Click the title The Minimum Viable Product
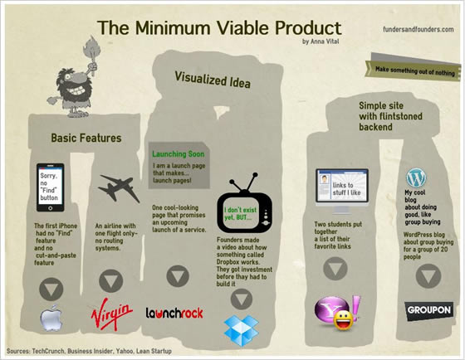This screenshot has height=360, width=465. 219,27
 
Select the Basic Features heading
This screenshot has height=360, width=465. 86,138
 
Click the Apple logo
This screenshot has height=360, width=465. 52,318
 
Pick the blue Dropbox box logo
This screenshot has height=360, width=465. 241,328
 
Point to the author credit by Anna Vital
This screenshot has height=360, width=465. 328,41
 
